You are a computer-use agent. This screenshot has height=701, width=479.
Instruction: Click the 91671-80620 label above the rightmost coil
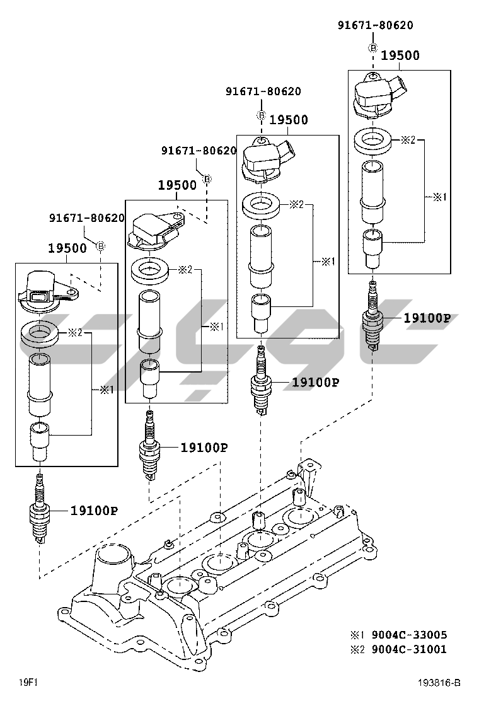coord(376,25)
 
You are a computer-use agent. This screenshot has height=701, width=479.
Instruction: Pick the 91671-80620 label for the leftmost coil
coord(87,218)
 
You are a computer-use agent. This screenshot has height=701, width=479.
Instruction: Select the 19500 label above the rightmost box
coord(400,55)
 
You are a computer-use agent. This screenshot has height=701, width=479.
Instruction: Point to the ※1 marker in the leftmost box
coord(106,390)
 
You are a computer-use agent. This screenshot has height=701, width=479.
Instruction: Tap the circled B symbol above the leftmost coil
coord(100,246)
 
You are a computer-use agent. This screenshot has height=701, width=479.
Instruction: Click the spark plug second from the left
coord(149,447)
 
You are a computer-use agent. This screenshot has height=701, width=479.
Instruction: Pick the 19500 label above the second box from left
coord(177,185)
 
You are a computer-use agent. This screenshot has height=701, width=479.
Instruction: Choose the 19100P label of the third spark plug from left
coord(315,382)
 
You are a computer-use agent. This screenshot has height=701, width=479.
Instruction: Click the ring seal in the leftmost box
coord(40,333)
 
